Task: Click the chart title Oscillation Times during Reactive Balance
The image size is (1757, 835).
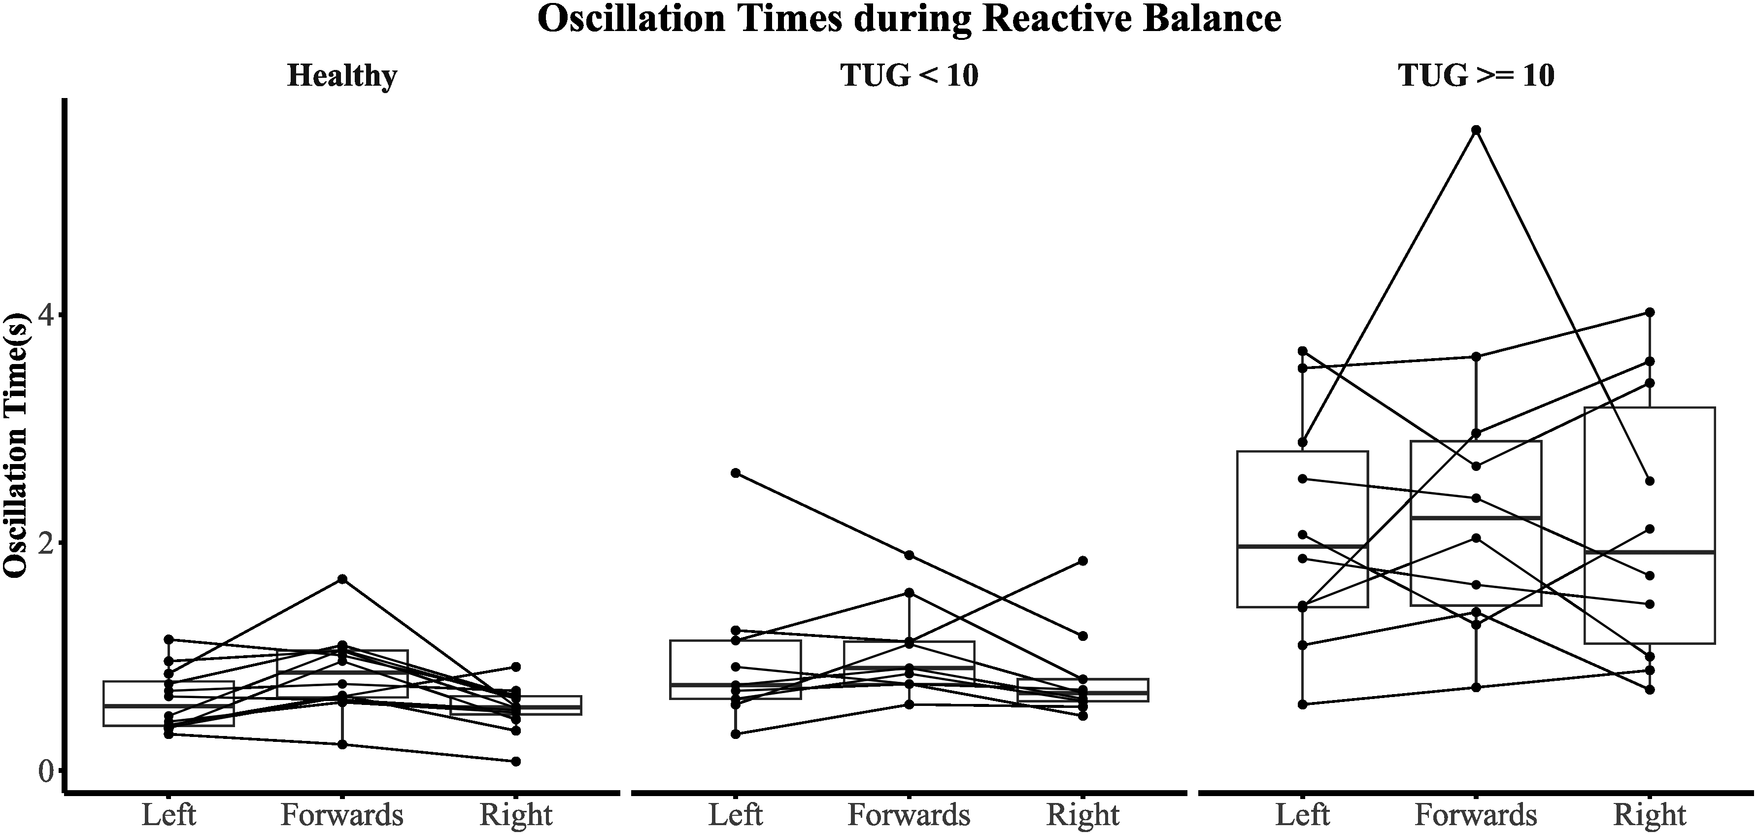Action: [909, 19]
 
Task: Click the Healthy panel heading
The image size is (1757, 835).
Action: [342, 75]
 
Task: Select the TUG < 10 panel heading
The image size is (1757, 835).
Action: [909, 75]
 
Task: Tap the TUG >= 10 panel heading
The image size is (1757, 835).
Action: [1476, 75]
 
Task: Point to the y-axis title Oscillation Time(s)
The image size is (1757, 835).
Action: [16, 440]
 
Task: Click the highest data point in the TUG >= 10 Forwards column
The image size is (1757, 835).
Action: [1476, 130]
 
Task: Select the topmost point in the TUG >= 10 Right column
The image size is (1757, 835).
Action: [1650, 312]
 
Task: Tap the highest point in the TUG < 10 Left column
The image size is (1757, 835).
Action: [736, 472]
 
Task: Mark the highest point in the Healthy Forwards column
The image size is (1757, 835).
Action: [342, 579]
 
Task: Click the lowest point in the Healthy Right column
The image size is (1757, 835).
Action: [516, 761]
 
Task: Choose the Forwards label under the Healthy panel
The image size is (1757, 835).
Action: [342, 814]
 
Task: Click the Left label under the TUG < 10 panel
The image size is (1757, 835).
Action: [736, 814]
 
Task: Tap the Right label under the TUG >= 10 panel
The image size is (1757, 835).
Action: [1650, 814]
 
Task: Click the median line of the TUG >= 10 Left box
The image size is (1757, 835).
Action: [1302, 546]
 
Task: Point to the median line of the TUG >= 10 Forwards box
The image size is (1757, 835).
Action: [1476, 517]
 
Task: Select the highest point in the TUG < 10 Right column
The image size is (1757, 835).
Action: [1083, 561]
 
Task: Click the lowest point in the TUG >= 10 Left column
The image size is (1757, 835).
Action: [1302, 704]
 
